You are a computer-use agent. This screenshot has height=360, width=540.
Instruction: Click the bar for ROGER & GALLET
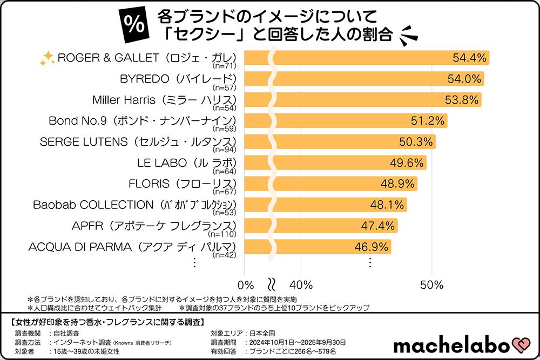pos(367,58)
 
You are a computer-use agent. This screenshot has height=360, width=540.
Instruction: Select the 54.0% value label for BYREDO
pos(464,79)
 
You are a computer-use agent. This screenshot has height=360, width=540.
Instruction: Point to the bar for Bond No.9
pos(346,120)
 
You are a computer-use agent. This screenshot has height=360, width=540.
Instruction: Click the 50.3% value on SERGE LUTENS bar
pos(416,142)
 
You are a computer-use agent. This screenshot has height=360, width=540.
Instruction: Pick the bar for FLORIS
pos(330,184)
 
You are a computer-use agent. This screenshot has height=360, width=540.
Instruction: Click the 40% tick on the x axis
pos(301,284)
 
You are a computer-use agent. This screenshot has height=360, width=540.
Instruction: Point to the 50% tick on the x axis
pos(431,284)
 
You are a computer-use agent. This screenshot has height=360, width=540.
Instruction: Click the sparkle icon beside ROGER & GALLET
pos(48,59)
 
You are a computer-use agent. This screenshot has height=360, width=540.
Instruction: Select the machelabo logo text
pos(451,345)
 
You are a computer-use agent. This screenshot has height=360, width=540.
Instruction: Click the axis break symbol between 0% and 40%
pos(273,284)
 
